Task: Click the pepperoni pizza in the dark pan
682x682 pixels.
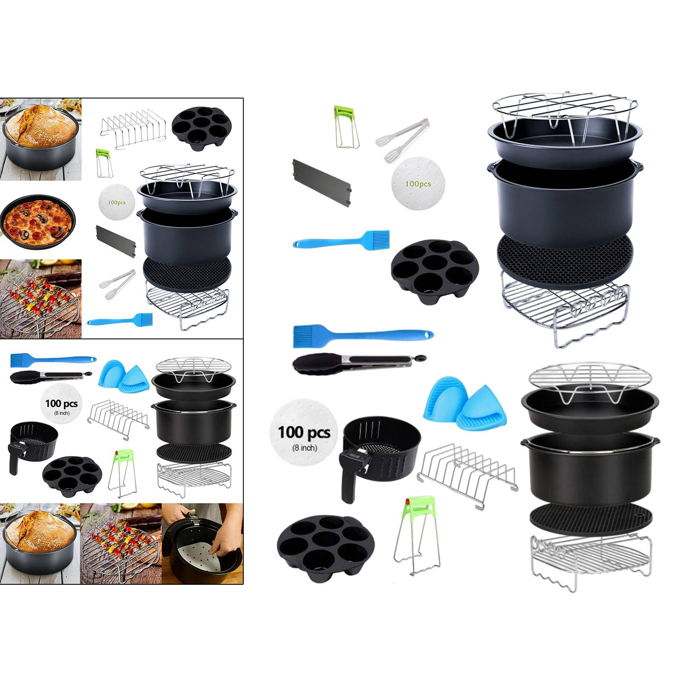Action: click(x=38, y=222)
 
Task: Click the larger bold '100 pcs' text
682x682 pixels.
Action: click(x=304, y=432)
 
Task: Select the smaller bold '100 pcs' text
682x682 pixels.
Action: click(x=61, y=403)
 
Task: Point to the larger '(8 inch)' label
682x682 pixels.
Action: click(x=304, y=448)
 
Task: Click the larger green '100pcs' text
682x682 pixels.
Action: click(x=418, y=184)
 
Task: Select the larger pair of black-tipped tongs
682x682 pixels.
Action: click(x=358, y=363)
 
